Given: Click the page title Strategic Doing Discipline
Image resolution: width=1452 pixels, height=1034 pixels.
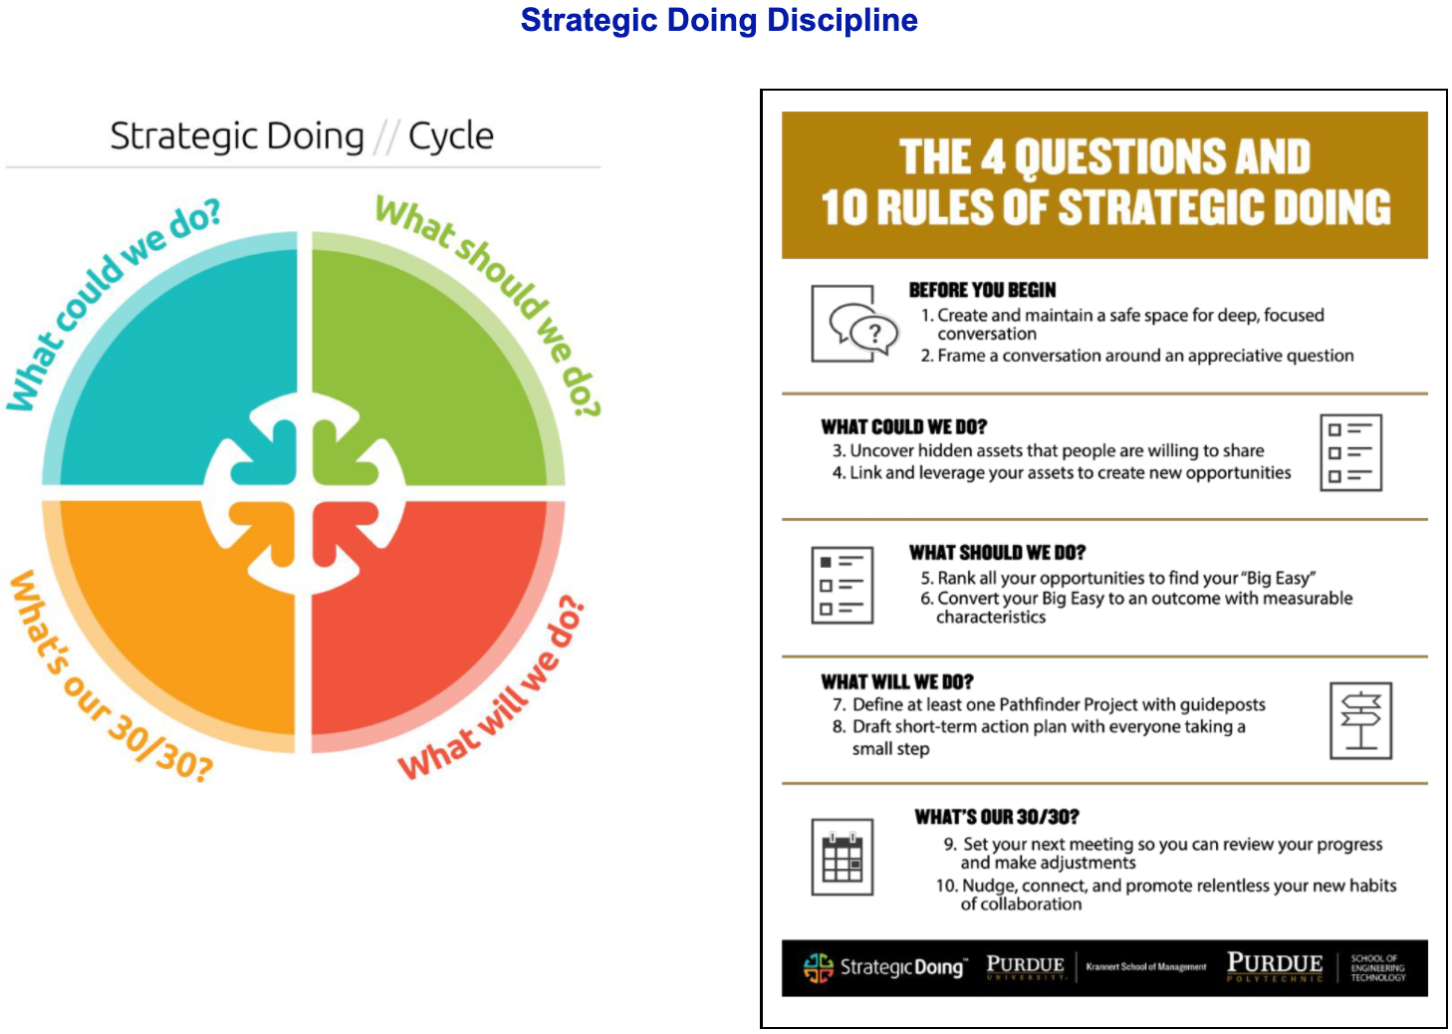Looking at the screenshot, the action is tap(719, 20).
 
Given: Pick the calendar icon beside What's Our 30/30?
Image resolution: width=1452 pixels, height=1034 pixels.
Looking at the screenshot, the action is tap(843, 857).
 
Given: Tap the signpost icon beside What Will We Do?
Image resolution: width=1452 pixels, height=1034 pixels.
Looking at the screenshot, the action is tap(1360, 720).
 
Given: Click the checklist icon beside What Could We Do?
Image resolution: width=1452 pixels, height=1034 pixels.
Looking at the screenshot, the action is tap(1350, 452).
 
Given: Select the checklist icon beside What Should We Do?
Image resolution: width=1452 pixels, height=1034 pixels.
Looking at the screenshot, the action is tap(843, 586).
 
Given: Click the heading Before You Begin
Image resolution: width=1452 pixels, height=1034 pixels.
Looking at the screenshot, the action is tap(982, 290).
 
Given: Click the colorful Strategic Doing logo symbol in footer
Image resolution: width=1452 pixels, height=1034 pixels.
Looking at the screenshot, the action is tap(818, 968).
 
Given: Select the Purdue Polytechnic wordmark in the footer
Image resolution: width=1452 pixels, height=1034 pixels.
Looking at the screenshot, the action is tap(1275, 967).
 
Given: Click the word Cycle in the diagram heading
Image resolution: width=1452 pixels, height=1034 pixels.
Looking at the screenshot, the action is tap(450, 136).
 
